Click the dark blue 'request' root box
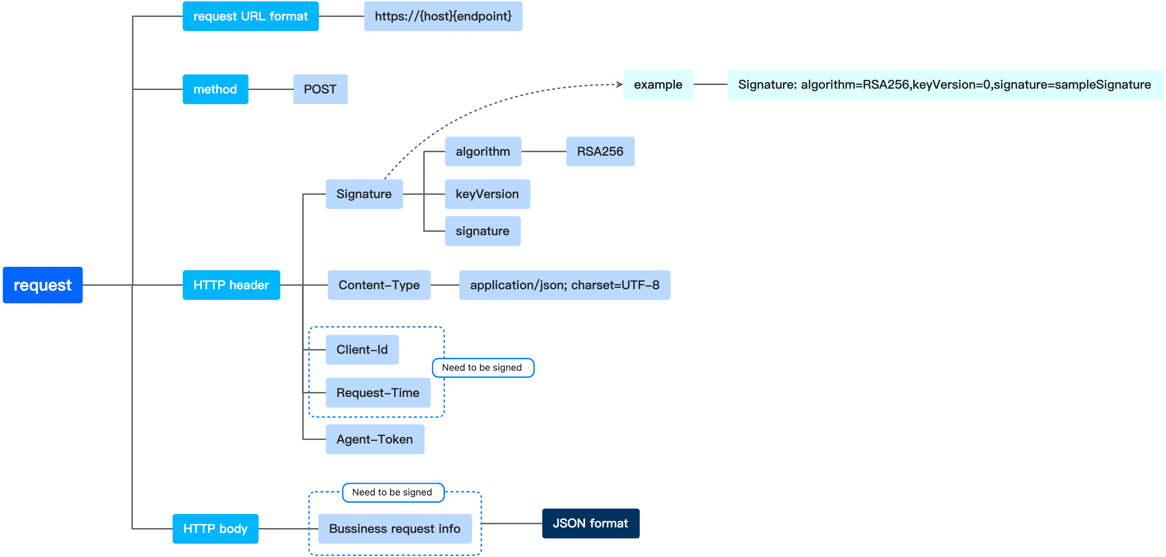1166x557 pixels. coord(43,285)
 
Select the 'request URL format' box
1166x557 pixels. coord(250,16)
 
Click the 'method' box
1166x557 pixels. coord(215,89)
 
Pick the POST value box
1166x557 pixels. coord(320,89)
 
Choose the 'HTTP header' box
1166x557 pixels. coord(231,285)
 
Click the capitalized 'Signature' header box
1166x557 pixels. coord(364,194)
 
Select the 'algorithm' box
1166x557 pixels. coord(483,152)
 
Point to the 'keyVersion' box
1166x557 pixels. coord(487,194)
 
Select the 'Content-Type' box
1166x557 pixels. coord(379,285)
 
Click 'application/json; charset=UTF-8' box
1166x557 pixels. coord(564,285)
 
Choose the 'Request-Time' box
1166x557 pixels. coord(378,393)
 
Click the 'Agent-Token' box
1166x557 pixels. coord(374,439)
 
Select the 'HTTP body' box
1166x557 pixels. coord(215,528)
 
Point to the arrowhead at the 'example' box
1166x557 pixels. coord(620,85)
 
